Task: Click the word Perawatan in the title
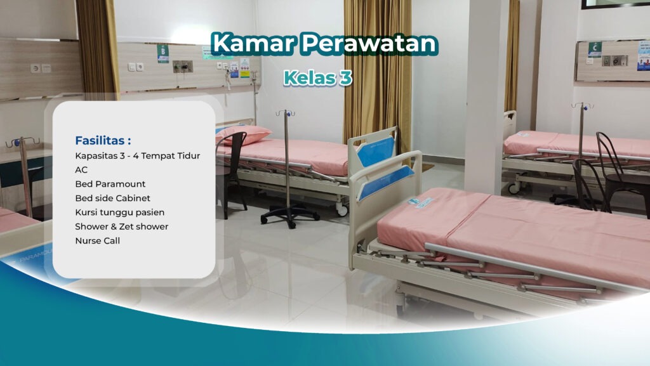pyautogui.click(x=369, y=43)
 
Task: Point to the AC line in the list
pyautogui.click(x=81, y=170)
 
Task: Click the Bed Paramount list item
pyautogui.click(x=110, y=184)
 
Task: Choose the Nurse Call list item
pyautogui.click(x=97, y=240)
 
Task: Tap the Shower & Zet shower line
pyautogui.click(x=121, y=226)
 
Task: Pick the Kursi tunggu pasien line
pyautogui.click(x=119, y=212)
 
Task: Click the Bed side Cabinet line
pyautogui.click(x=110, y=198)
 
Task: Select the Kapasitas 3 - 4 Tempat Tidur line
pyautogui.click(x=137, y=156)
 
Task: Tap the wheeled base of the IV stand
pyautogui.click(x=289, y=216)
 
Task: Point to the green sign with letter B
pyautogui.click(x=163, y=53)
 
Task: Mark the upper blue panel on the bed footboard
pyautogui.click(x=376, y=150)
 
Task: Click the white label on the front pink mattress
pyautogui.click(x=421, y=202)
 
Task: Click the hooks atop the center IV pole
pyautogui.click(x=285, y=114)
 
